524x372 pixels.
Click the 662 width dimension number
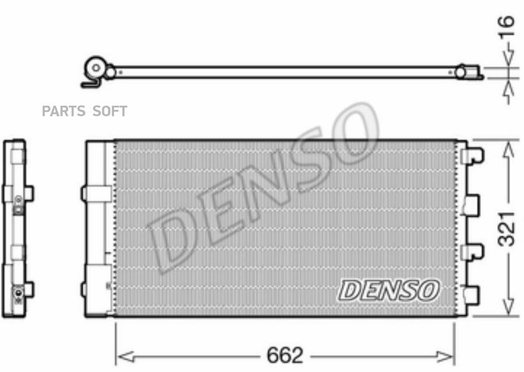point(285,355)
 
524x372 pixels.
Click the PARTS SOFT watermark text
point(84,111)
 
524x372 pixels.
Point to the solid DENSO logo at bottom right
point(389,290)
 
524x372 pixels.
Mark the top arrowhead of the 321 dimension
point(508,149)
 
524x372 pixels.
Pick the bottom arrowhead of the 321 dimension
point(508,307)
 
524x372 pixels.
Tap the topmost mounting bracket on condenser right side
point(472,156)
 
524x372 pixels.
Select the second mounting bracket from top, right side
point(471,203)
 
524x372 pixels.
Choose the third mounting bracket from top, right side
point(472,251)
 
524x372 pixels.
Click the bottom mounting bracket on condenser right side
point(471,294)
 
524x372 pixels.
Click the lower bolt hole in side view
point(18,290)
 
